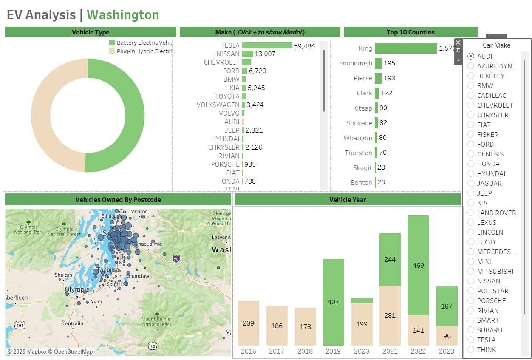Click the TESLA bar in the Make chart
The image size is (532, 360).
pyautogui.click(x=267, y=45)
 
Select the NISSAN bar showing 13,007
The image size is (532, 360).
pyautogui.click(x=247, y=54)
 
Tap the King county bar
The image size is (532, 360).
pyautogui.click(x=406, y=48)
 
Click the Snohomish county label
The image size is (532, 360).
pyautogui.click(x=355, y=63)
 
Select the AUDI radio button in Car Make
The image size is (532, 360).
pyautogui.click(x=471, y=56)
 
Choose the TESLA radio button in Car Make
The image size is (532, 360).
pyautogui.click(x=471, y=340)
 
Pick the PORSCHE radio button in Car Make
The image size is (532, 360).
pyautogui.click(x=471, y=300)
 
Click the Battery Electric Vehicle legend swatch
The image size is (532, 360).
pyautogui.click(x=112, y=43)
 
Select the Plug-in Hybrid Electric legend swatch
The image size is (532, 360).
pyautogui.click(x=112, y=51)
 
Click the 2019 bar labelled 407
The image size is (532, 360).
pyautogui.click(x=334, y=302)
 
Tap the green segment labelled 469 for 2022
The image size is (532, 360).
pyautogui.click(x=419, y=265)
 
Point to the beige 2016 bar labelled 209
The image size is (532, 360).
pyautogui.click(x=249, y=323)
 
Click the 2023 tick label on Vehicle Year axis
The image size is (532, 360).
pyautogui.click(x=447, y=351)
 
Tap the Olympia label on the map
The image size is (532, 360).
pyautogui.click(x=77, y=290)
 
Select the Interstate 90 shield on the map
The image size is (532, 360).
pyautogui.click(x=176, y=258)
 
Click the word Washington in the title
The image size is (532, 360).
pyautogui.click(x=123, y=15)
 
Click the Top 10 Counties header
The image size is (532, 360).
pyautogui.click(x=410, y=32)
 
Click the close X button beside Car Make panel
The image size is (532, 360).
pyautogui.click(x=458, y=43)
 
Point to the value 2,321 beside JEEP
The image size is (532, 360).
pyautogui.click(x=254, y=130)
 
